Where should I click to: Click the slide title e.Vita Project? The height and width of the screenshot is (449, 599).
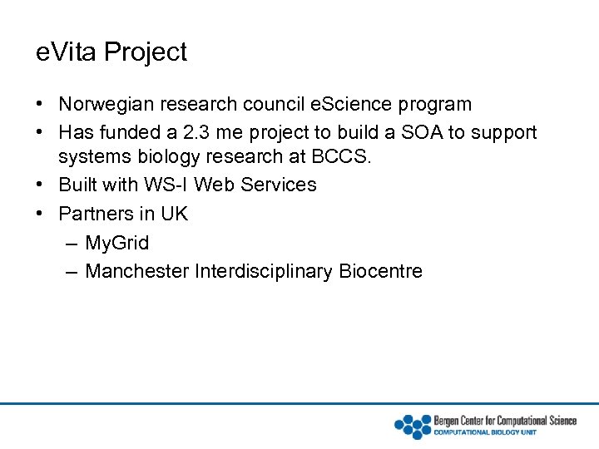coord(111,52)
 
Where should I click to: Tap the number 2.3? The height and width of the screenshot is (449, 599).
coord(219,133)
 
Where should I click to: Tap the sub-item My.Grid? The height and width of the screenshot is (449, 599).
coord(117,243)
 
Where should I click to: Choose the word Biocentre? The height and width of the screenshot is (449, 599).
coord(381,271)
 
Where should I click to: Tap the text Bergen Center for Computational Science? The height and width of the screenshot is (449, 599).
coord(505,421)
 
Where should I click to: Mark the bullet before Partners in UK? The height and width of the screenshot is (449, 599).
coord(40,214)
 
